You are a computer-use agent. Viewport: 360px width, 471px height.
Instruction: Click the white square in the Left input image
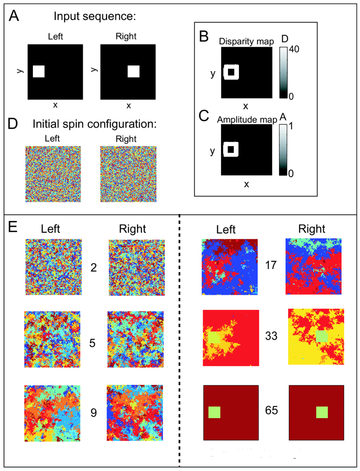pyautogui.click(x=39, y=72)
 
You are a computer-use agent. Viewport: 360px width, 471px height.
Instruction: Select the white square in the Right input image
pyautogui.click(x=134, y=72)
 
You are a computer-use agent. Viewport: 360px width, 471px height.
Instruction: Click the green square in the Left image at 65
pyautogui.click(x=214, y=412)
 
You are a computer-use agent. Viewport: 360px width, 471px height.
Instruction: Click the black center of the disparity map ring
pyautogui.click(x=231, y=72)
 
